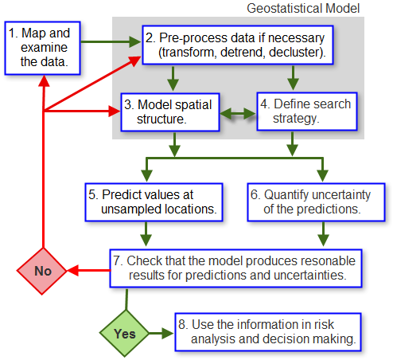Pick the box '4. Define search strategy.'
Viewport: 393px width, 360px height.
(x=304, y=112)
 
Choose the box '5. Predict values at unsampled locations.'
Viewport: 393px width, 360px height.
(x=154, y=202)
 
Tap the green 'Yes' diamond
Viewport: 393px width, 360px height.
(x=126, y=333)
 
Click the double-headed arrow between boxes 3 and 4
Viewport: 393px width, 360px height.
(x=237, y=113)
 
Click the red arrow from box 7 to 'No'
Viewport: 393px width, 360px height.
(x=88, y=271)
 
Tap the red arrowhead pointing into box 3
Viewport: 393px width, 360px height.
(x=111, y=111)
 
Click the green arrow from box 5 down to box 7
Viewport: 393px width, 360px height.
(x=146, y=233)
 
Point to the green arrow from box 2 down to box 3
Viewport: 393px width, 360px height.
(x=172, y=80)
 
